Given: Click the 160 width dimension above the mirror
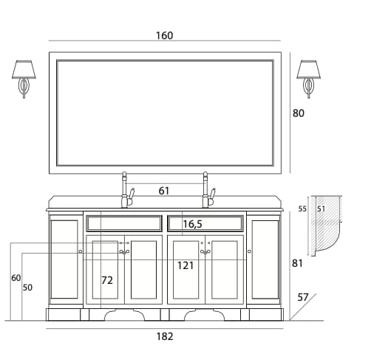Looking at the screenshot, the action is (x=165, y=35).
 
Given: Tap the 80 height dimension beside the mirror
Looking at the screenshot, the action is (x=299, y=113).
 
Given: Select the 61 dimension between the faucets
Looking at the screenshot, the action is (x=164, y=191).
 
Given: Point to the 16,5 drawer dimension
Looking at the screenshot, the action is (x=192, y=224).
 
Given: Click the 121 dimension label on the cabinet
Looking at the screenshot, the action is (x=185, y=265).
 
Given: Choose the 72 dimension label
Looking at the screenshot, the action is (x=107, y=280).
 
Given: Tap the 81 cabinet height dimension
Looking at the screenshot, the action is (x=297, y=263).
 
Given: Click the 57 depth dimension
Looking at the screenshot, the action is (x=303, y=297).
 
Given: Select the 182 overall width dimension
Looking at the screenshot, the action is (x=165, y=336).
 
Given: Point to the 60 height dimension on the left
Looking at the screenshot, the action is (x=16, y=278).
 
